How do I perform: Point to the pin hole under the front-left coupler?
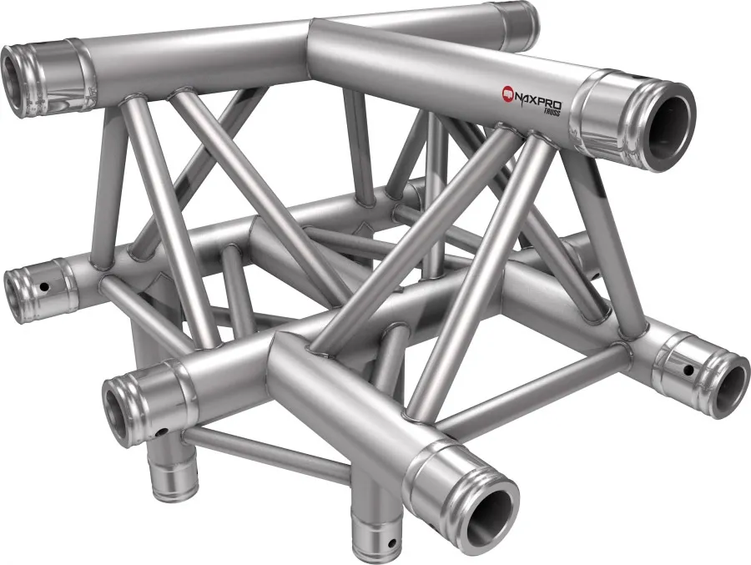pos(164,431)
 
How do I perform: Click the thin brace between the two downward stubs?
pos(267,456)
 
